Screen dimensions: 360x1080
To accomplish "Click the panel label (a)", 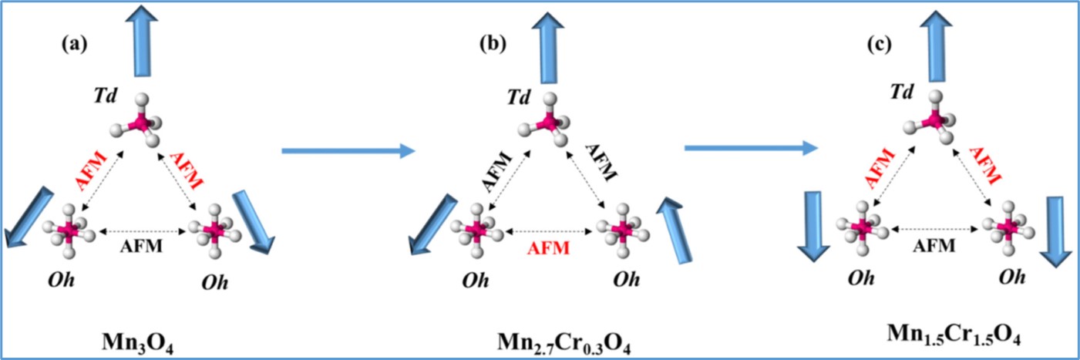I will tap(75, 44).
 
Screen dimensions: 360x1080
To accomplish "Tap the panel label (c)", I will tap(878, 44).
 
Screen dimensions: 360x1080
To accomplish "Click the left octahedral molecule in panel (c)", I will tap(863, 226).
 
